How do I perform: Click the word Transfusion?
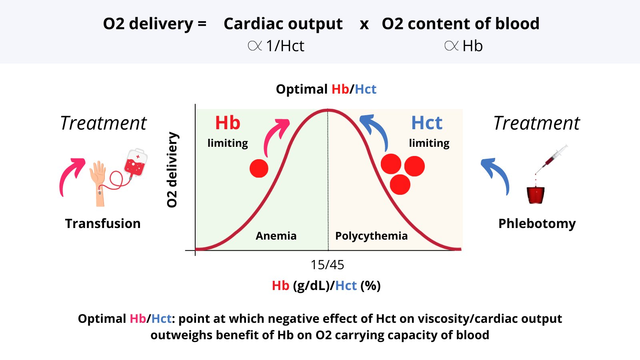103,223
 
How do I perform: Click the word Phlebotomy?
537,223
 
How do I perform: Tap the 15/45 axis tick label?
327,265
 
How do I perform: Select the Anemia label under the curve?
276,236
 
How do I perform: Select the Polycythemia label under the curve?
371,236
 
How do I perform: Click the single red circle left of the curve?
259,168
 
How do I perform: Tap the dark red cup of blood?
536,195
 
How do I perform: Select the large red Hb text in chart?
228,123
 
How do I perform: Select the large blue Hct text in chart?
427,123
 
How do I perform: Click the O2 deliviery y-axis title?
172,170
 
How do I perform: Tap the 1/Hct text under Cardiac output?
285,46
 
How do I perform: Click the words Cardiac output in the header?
283,24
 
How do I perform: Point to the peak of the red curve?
328,110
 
